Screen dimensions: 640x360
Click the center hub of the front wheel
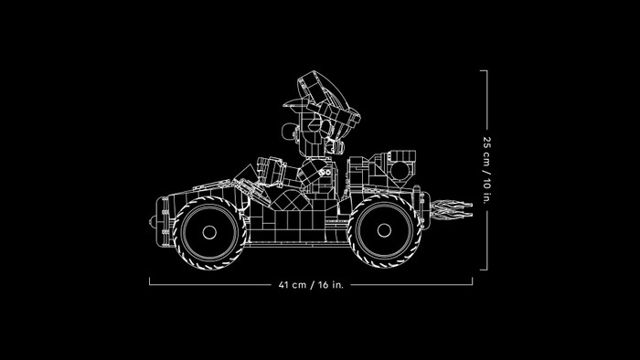(x=209, y=232)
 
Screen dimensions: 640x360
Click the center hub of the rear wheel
(x=384, y=230)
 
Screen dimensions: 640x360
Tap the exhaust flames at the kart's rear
(x=451, y=209)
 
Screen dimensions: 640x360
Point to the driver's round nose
(x=288, y=131)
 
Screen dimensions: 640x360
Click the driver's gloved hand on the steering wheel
(x=271, y=171)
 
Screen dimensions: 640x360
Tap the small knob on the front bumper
(x=153, y=222)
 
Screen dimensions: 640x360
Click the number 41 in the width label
(x=283, y=284)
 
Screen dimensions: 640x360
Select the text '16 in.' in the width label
(x=331, y=284)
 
